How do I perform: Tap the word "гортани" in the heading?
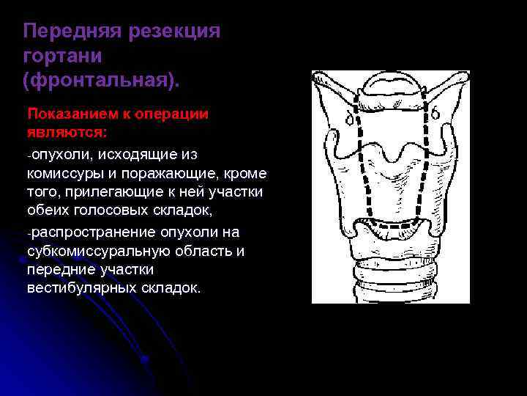coord(62,56)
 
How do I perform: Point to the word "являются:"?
coord(66,132)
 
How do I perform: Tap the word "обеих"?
coord(45,211)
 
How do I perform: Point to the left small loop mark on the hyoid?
coord(350,117)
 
